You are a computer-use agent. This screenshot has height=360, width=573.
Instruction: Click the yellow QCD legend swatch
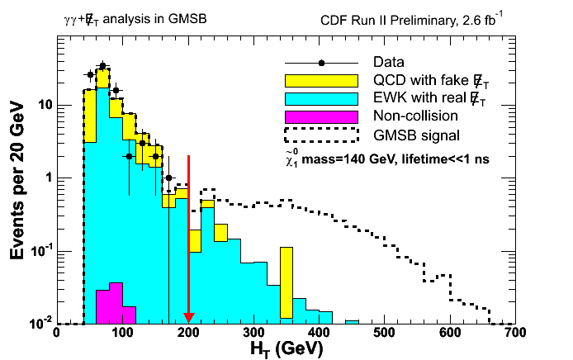[x=320, y=80]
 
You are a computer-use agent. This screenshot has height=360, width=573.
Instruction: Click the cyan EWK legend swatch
[x=320, y=98]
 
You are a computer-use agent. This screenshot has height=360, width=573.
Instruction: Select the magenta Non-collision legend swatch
[x=320, y=116]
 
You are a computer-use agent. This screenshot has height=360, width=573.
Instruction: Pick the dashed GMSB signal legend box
[x=320, y=134]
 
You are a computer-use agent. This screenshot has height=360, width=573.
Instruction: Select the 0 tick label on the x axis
[x=56, y=332]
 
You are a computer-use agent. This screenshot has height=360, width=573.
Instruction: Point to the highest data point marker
[x=102, y=65]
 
